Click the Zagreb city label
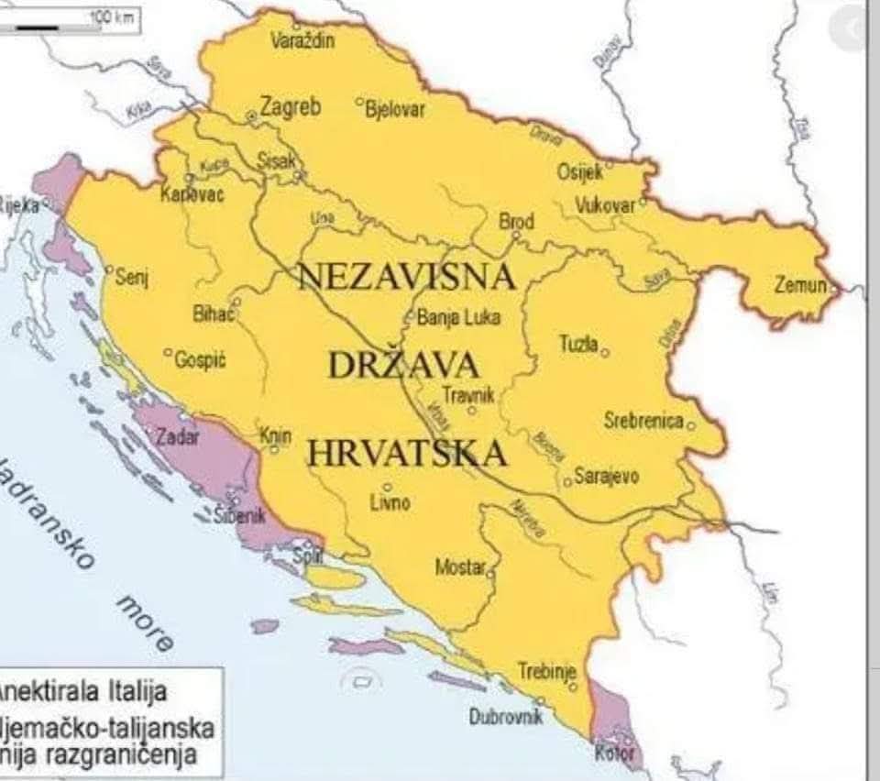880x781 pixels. coord(291,107)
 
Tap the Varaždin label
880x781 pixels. coord(303,40)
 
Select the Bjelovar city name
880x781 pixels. coord(395,108)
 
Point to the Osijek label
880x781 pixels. coord(580,171)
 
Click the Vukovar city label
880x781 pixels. coord(605,205)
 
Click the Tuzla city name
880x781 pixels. coord(578,344)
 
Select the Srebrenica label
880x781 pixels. coord(643,421)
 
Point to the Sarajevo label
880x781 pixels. coord(606,477)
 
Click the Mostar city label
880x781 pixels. coord(459,567)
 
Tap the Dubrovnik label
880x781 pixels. coord(506,717)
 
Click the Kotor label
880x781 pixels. coord(614,753)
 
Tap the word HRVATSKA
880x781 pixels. coord(406,453)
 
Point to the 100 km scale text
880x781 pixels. coord(111,16)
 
